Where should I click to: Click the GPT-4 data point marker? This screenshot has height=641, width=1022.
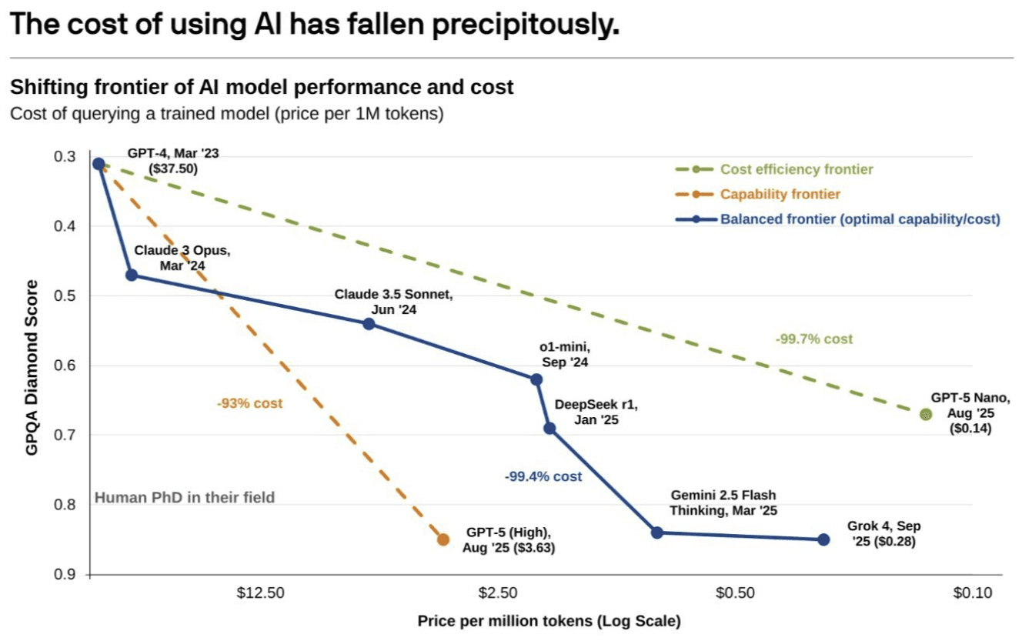click(x=99, y=163)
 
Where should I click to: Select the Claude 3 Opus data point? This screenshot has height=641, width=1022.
click(x=132, y=275)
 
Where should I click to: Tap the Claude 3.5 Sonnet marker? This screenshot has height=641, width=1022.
click(x=369, y=323)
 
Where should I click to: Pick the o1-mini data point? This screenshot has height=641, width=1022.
click(x=536, y=379)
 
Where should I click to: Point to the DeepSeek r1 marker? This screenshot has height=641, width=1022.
click(x=549, y=428)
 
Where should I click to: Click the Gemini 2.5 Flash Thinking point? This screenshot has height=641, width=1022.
click(x=657, y=532)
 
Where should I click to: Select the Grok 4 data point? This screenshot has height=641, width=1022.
click(x=823, y=539)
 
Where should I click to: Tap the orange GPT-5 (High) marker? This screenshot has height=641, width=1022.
click(x=443, y=539)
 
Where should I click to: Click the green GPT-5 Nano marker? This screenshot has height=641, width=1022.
click(x=926, y=414)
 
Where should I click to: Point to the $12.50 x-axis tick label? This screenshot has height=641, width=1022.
click(x=261, y=593)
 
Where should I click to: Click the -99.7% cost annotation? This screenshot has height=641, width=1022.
click(x=814, y=339)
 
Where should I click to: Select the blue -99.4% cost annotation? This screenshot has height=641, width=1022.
click(x=543, y=477)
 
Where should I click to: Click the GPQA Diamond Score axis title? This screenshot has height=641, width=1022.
click(x=32, y=367)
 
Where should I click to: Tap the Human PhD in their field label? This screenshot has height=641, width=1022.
click(x=185, y=497)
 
